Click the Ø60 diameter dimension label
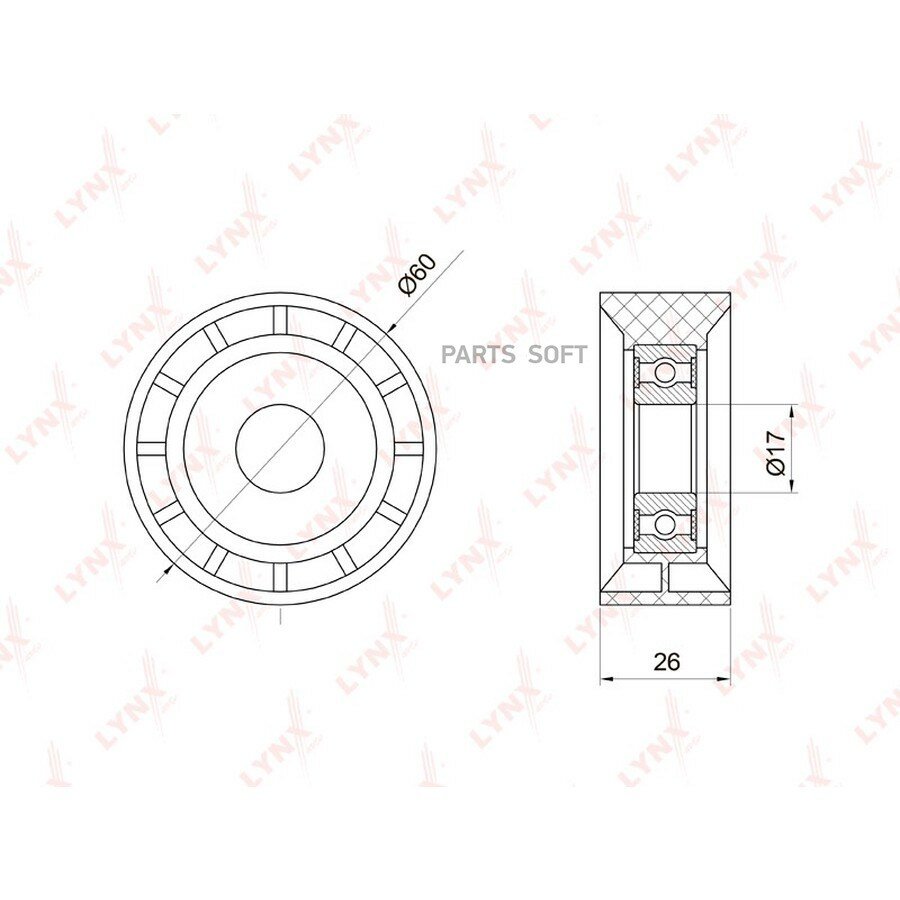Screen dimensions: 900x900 (x=418, y=275)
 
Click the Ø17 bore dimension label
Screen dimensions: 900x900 (x=775, y=453)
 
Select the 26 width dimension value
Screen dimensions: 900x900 (x=666, y=662)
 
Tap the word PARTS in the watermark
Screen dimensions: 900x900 (x=479, y=355)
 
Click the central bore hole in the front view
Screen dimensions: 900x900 (x=280, y=448)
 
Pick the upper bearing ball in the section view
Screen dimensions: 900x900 (x=664, y=373)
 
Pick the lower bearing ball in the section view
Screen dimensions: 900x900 (x=665, y=523)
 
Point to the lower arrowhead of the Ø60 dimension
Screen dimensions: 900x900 (x=168, y=568)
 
